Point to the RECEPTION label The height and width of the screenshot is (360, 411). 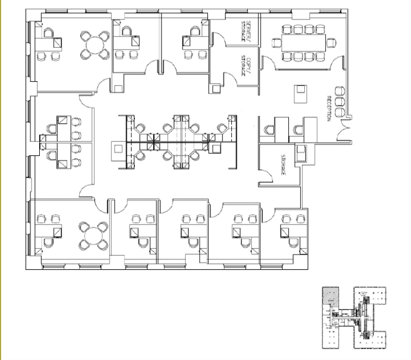click(x=329, y=108)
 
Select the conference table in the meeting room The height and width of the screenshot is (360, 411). click(x=304, y=42)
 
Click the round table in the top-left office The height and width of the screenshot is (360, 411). click(x=95, y=45)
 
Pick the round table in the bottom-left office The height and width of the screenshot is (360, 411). click(x=94, y=236)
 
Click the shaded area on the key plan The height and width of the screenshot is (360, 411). click(x=331, y=296)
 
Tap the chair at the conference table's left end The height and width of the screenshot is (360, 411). click(x=276, y=43)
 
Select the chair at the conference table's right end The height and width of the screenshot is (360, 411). click(x=331, y=43)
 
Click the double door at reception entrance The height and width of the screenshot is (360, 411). click(x=343, y=130)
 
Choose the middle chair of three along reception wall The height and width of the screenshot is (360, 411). click(x=340, y=101)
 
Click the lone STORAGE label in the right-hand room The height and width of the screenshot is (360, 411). click(x=283, y=165)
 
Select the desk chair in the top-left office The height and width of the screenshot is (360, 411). click(x=49, y=33)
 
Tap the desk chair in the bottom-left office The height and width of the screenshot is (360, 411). click(x=49, y=243)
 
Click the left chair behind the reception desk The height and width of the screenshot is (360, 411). click(x=269, y=130)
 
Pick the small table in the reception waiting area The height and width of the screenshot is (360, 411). click(x=300, y=94)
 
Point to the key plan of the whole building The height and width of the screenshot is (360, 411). click(x=354, y=318)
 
